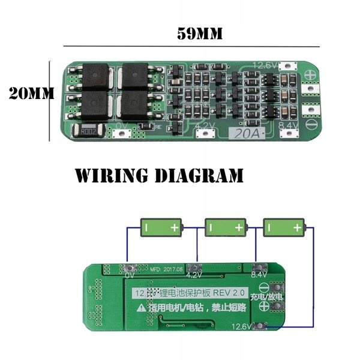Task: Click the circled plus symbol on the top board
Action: click(311, 77)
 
